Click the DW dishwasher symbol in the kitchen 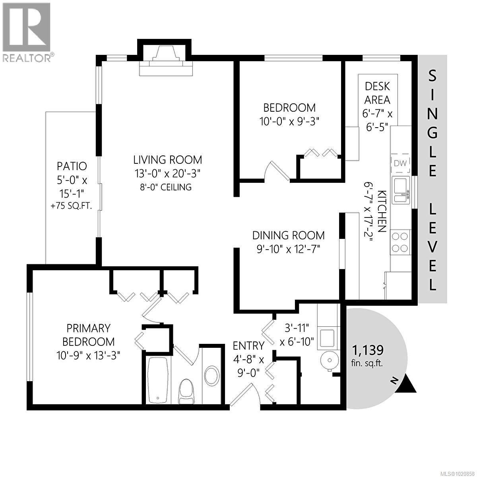pyautogui.click(x=401, y=163)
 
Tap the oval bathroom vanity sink pyautogui.click(x=211, y=375)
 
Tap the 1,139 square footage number pyautogui.click(x=368, y=350)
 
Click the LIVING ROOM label pyautogui.click(x=167, y=160)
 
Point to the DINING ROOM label pyautogui.click(x=288, y=235)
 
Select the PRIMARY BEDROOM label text pyautogui.click(x=88, y=335)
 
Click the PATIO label pyautogui.click(x=72, y=166)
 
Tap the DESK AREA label pyautogui.click(x=377, y=93)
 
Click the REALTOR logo pyautogui.click(x=26, y=32)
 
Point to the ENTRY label pyautogui.click(x=248, y=345)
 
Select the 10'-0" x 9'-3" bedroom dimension pyautogui.click(x=289, y=121)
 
